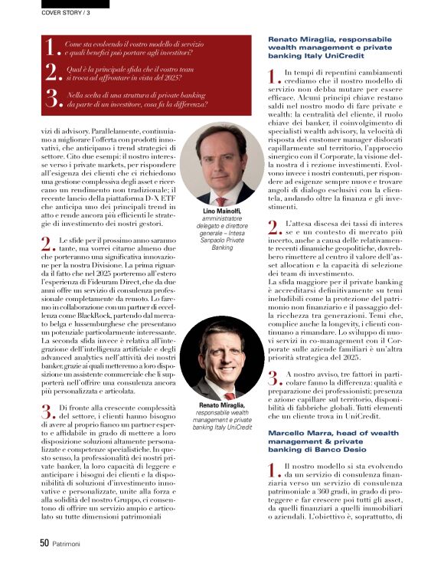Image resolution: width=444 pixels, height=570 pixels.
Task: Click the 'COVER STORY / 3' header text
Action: point(66,12)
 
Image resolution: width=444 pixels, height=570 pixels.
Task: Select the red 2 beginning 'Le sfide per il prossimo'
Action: point(45,244)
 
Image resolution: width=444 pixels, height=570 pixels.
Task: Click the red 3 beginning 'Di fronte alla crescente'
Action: point(45,412)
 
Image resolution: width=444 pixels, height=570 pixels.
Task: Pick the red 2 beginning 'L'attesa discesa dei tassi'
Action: point(273,226)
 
